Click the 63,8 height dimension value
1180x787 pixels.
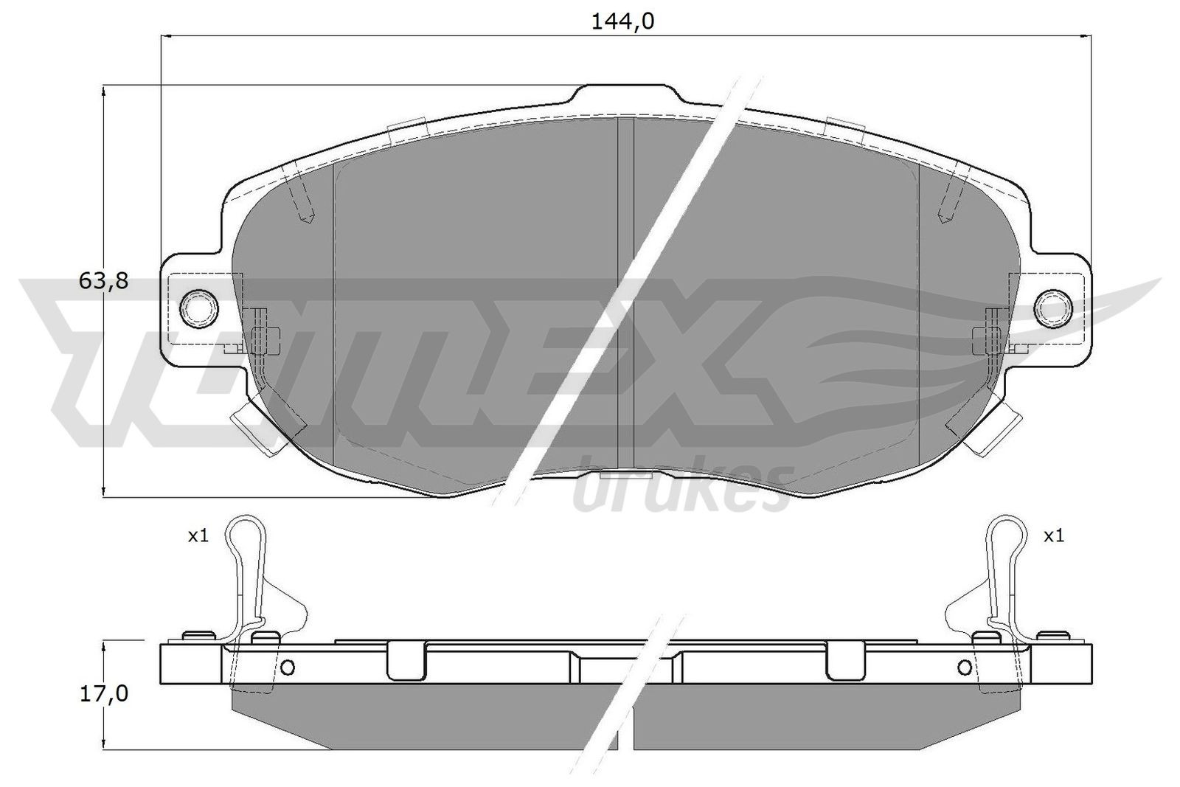(103, 280)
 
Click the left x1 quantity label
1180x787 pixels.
(198, 536)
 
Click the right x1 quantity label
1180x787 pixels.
(1054, 536)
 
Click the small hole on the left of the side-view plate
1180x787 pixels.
(288, 668)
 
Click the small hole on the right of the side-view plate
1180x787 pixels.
(965, 668)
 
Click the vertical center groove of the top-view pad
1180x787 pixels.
(625, 295)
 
